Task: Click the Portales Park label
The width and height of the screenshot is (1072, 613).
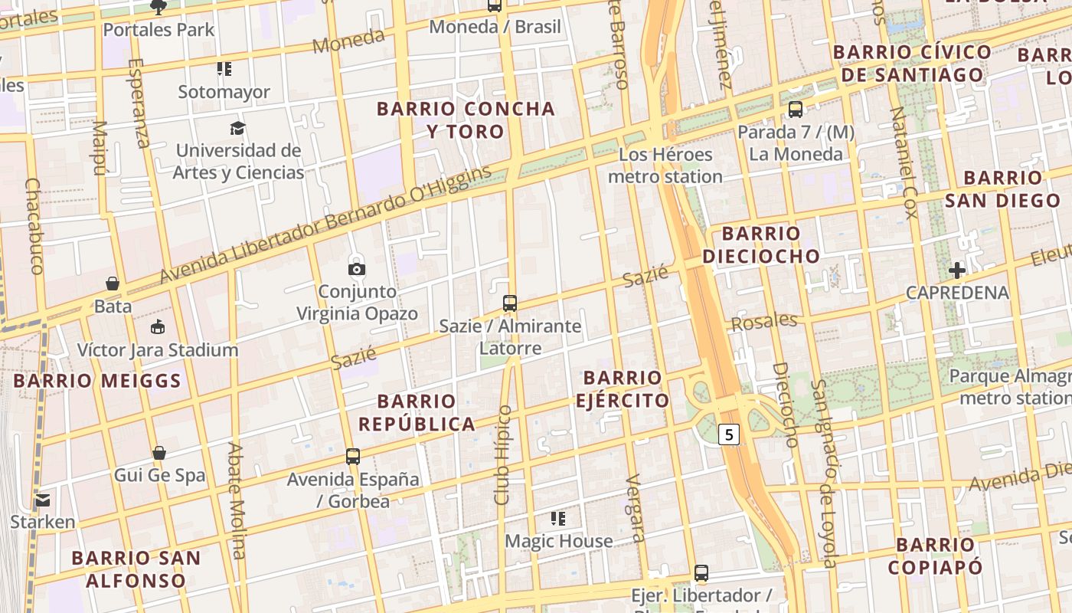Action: pos(159,30)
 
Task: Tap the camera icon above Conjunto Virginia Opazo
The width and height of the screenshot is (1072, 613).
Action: pos(357,269)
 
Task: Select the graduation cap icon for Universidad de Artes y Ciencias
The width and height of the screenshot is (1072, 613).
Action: pos(238,128)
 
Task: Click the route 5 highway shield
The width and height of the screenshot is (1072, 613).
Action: pos(729,434)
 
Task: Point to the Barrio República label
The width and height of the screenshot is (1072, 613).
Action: pos(417,412)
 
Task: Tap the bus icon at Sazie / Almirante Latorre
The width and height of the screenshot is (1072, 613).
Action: pos(510,303)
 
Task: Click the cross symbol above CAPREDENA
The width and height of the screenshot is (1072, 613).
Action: pos(957,270)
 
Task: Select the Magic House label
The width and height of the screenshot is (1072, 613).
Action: pos(558,541)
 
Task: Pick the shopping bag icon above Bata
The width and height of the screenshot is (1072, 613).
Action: pos(113,284)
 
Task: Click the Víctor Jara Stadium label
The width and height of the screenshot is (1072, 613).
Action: pos(158,350)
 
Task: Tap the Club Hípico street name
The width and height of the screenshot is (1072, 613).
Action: pos(503,454)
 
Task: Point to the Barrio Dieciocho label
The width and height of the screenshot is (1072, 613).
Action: pos(761,244)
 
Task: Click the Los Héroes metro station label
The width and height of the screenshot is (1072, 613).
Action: pos(665,166)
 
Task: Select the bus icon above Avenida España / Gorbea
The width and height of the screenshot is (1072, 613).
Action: pos(353,457)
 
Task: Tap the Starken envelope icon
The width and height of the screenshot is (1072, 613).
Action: pos(42,501)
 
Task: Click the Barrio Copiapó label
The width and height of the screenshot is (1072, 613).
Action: pos(935,556)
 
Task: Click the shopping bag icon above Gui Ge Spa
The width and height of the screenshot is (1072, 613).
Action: pos(159,453)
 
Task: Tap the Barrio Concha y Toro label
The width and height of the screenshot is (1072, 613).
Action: pos(466,120)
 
